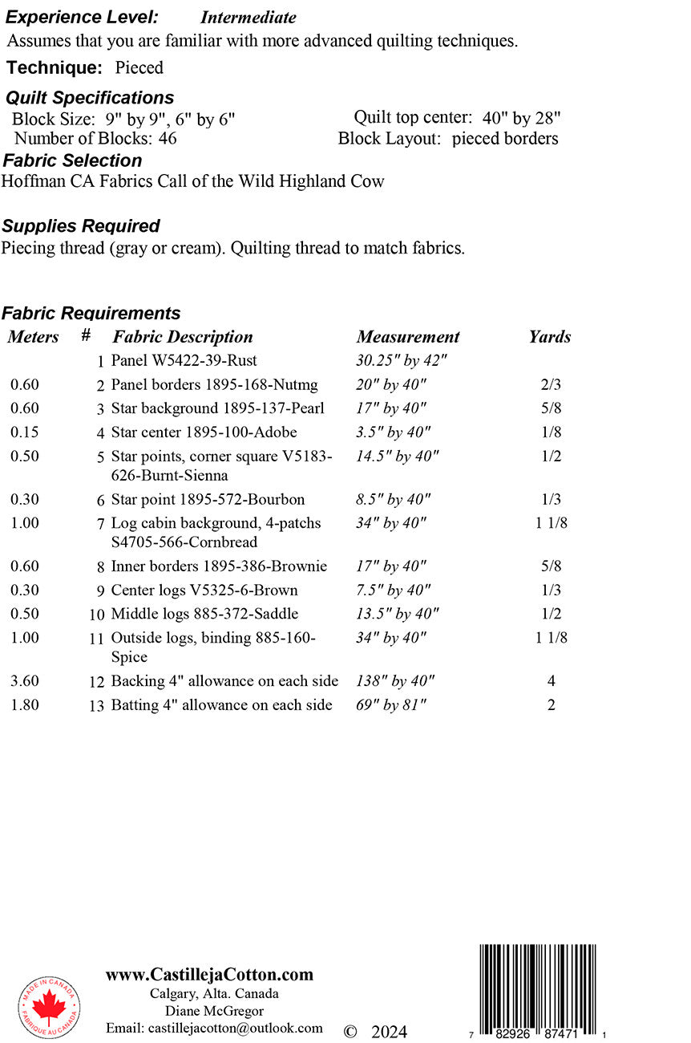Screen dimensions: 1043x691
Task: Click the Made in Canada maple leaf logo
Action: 49,1007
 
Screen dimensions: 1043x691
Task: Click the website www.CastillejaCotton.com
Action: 209,975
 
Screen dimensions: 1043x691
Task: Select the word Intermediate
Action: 248,18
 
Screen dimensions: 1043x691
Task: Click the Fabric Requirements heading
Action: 91,313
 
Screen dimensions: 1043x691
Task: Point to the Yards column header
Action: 550,337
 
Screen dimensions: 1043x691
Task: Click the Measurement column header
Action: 408,337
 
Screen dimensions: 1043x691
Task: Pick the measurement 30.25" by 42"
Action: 402,361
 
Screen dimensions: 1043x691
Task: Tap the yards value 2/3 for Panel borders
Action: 552,385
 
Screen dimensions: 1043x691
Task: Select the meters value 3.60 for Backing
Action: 25,681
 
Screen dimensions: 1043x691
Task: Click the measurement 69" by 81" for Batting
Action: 391,705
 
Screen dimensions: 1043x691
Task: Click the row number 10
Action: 97,615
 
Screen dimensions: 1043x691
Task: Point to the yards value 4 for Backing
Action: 552,681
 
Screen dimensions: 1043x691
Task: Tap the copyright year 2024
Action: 389,1032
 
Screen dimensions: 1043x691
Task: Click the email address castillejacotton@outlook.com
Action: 214,1028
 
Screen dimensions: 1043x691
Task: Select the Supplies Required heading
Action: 81,226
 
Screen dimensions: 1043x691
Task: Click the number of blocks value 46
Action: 168,138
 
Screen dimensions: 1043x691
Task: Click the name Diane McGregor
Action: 214,1011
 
